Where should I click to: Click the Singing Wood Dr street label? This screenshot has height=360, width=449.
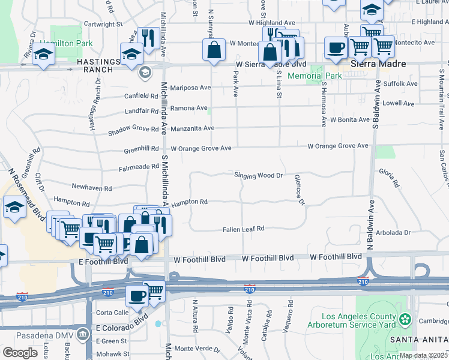click(258, 175)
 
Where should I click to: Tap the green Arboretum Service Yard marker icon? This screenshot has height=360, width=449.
click(406, 318)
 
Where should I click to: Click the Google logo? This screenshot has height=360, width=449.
click(20, 353)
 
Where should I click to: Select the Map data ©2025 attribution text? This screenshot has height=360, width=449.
click(423, 355)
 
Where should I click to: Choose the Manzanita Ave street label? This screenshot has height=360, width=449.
click(192, 128)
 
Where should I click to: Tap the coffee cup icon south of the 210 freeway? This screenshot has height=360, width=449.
click(137, 295)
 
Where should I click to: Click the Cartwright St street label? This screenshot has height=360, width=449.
click(103, 25)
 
